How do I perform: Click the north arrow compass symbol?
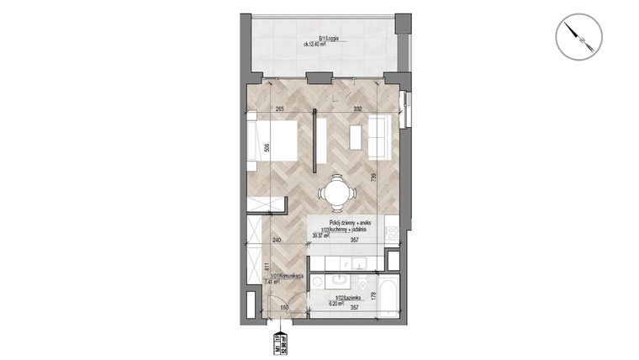point(579,40)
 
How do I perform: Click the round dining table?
point(335,193)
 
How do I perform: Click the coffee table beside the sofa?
point(356,135)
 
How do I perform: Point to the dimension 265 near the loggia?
point(280,109)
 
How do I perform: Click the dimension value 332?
point(357,109)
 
